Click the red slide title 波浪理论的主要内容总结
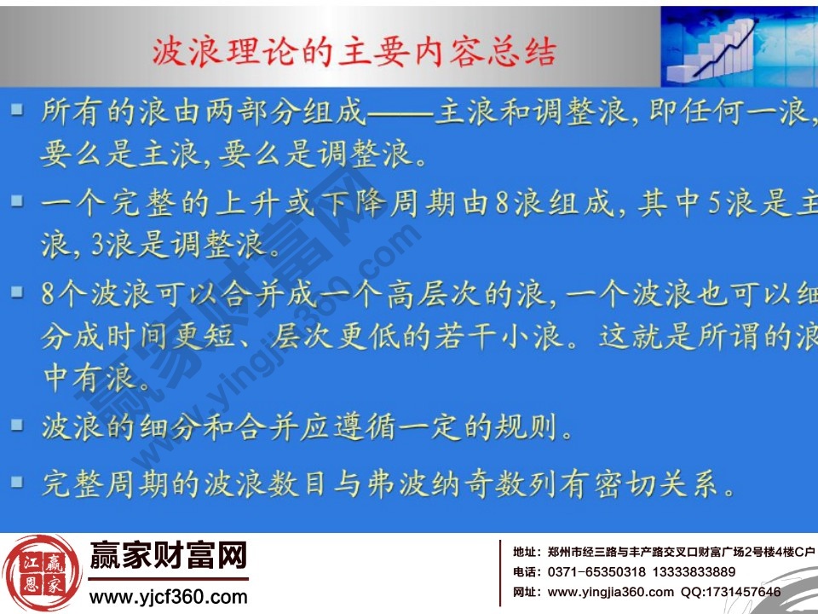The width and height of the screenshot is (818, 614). [x=354, y=53]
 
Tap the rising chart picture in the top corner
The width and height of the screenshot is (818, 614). [x=738, y=43]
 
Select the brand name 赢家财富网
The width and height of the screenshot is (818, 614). [x=168, y=557]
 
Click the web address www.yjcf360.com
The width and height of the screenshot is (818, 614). [x=168, y=595]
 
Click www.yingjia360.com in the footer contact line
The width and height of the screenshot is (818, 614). [x=610, y=592]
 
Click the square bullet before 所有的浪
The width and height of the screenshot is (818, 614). [x=16, y=111]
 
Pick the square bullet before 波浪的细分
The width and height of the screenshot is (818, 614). [x=16, y=424]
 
